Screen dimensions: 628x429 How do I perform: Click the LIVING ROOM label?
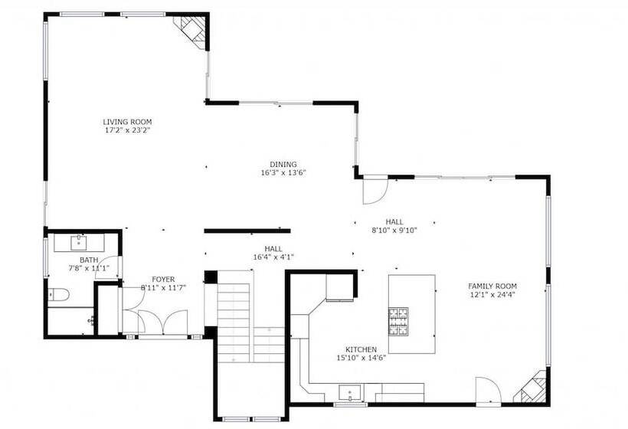(127, 122)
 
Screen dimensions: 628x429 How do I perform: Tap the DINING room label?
(283, 164)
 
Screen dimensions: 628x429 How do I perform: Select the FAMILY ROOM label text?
(492, 286)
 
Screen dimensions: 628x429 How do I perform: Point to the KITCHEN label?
(361, 349)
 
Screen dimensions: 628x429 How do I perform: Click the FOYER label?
(163, 279)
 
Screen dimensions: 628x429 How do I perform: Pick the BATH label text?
(89, 260)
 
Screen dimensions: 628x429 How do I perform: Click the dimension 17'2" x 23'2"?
(127, 130)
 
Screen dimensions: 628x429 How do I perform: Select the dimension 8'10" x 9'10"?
(394, 231)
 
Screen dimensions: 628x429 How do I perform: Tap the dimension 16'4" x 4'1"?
(273, 257)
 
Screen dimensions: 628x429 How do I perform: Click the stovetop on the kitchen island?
(398, 321)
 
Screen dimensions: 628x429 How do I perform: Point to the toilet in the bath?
(58, 295)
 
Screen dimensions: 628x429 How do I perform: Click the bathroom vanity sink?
(79, 242)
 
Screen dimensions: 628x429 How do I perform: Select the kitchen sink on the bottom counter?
(350, 392)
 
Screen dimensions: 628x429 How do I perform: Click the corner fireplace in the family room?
(531, 388)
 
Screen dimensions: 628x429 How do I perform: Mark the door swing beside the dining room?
(375, 190)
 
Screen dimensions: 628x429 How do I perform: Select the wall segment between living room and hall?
(247, 231)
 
